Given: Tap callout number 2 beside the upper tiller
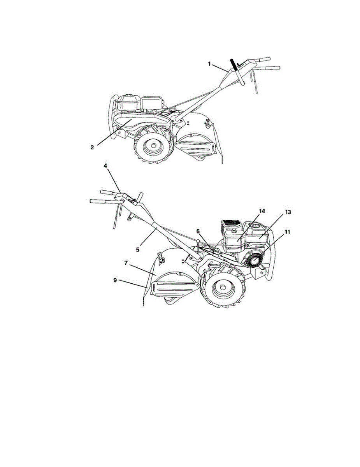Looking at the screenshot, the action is [x=92, y=147].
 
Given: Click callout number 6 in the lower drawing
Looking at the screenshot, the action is [x=198, y=231].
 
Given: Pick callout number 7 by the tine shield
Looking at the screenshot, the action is [x=126, y=263].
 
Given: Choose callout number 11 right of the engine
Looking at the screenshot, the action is [x=288, y=232].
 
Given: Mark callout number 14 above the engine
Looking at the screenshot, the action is [x=262, y=211].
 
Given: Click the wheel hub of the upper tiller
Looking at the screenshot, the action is [x=152, y=147].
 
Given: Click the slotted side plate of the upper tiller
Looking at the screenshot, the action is [x=195, y=147].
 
